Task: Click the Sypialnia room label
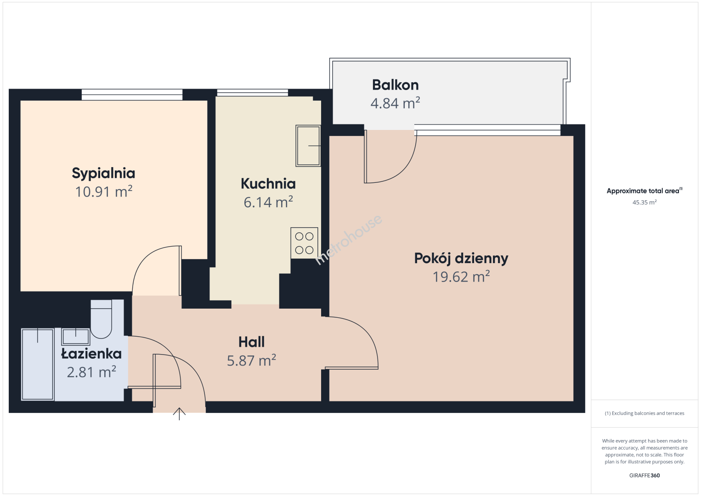(103, 173)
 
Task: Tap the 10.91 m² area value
(103, 191)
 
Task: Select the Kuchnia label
(268, 184)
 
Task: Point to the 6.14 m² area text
(268, 202)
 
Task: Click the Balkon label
(395, 85)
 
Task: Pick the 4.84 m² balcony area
(395, 103)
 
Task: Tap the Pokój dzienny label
(461, 259)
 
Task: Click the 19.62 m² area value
(461, 276)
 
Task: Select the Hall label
(251, 342)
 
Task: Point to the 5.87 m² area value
(251, 360)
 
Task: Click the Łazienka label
(91, 354)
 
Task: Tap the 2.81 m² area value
(91, 372)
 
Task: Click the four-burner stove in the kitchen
(304, 243)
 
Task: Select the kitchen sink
(308, 146)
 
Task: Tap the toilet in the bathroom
(101, 319)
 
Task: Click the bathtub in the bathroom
(38, 364)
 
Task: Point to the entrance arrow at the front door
(179, 414)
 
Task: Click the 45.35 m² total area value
(644, 202)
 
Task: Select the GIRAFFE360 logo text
(644, 475)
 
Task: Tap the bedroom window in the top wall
(132, 95)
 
